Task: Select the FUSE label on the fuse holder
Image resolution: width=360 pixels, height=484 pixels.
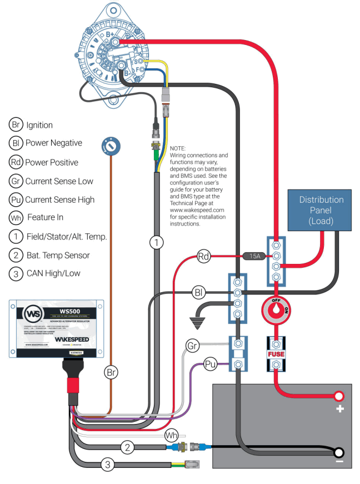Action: coord(276,353)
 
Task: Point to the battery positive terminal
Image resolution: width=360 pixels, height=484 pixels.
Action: coord(338,396)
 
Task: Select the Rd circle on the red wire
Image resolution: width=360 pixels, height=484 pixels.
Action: coord(204,257)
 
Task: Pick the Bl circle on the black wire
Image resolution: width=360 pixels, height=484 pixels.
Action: coord(199,292)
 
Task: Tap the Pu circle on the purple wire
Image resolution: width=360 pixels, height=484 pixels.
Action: coord(210,365)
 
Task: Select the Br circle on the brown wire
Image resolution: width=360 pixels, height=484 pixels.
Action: coord(111,373)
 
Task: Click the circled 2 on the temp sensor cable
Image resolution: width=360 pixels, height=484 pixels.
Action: coord(127,446)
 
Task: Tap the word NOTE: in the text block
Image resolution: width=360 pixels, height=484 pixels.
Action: coord(178,148)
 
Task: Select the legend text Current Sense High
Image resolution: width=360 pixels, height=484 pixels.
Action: coord(60,199)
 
